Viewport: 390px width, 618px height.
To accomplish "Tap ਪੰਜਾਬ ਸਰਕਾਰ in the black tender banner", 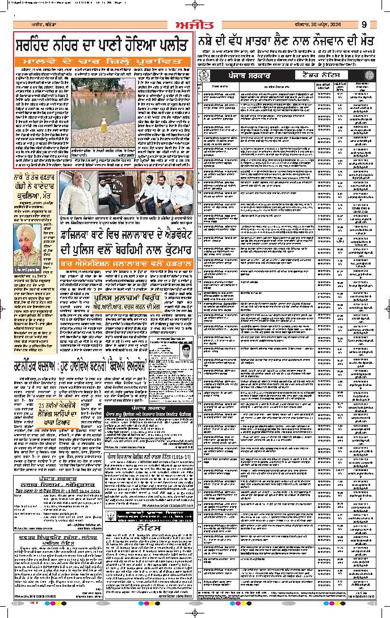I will coord(248,74).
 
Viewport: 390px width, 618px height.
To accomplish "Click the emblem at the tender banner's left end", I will coord(203,74).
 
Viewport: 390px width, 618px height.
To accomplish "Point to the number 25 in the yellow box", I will coord(43,407).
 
